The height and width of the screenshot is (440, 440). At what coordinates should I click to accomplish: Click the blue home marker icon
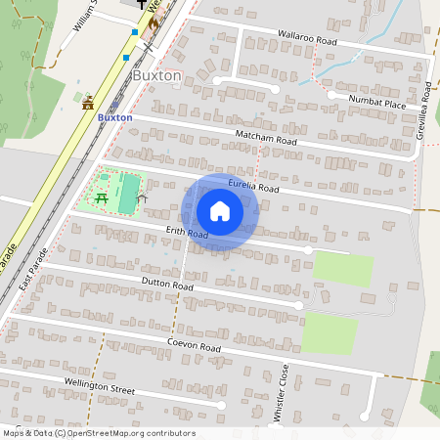(x=220, y=211)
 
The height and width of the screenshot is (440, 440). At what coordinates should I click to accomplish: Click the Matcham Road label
(x=265, y=141)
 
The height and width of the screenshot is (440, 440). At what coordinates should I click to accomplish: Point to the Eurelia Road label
(x=254, y=187)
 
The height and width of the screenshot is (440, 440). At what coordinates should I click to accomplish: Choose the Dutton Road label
(x=169, y=285)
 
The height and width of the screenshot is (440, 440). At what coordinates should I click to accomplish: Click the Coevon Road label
(x=195, y=348)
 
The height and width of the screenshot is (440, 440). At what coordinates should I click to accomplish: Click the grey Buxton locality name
(x=156, y=75)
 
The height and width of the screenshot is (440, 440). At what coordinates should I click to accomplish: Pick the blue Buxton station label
(x=115, y=117)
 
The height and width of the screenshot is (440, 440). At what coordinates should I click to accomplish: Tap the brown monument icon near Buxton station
(x=88, y=101)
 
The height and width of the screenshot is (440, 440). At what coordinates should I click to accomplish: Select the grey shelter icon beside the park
(x=143, y=198)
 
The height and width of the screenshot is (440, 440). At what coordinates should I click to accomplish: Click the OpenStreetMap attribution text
(x=99, y=433)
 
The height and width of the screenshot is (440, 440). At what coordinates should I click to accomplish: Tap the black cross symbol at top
(x=141, y=5)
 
